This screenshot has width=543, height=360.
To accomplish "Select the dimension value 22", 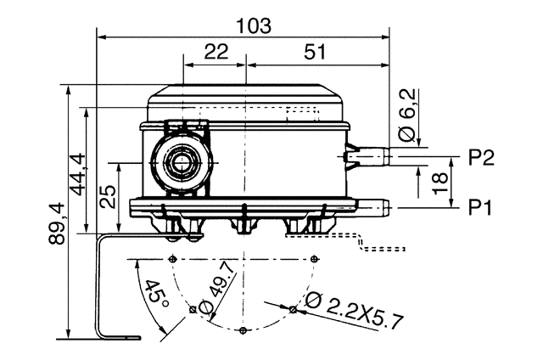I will point(216,52).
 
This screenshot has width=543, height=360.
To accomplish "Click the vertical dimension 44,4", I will point(78,173).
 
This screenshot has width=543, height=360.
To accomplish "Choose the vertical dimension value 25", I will point(108,198).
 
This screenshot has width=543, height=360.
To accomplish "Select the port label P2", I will point(481,157).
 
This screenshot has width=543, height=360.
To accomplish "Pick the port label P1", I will point(481,206).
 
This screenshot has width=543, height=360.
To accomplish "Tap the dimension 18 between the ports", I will point(439,182).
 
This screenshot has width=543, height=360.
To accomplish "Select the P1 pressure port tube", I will point(373,205).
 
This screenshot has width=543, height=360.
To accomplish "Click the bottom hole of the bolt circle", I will point(243,329).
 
